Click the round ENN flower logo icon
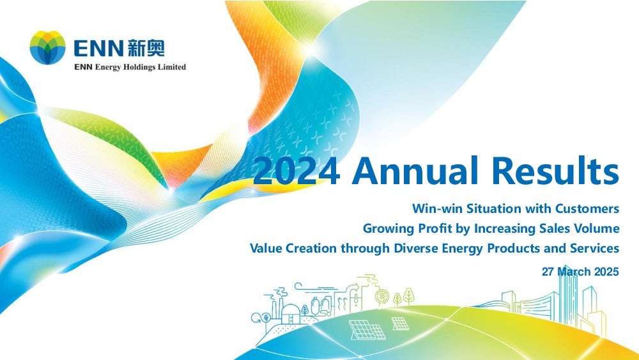tap(47, 47)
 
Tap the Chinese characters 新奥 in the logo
tap(146, 48)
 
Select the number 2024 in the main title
tap(296, 171)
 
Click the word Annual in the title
tap(415, 170)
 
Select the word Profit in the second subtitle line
tap(435, 228)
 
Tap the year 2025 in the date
tap(606, 272)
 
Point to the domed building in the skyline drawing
tap(290, 314)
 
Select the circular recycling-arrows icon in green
tap(382, 297)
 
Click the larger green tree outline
tap(409, 296)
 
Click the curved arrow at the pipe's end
tap(355, 286)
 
